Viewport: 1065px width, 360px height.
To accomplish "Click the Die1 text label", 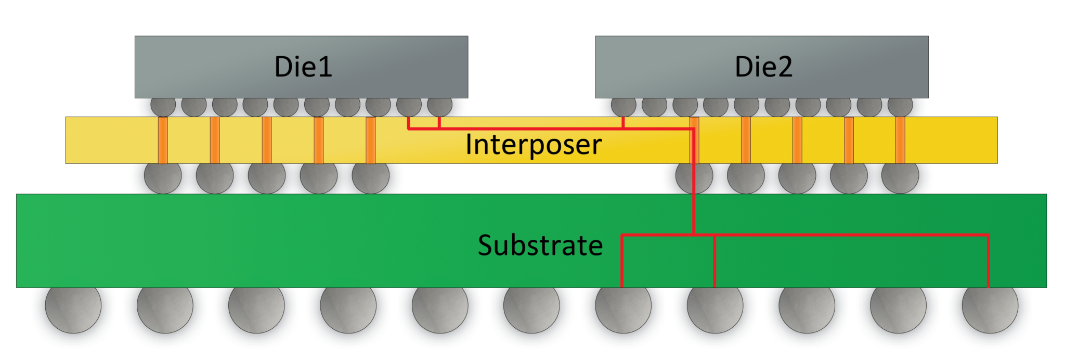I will [303, 67].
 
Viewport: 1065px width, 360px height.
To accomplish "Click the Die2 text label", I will [763, 67].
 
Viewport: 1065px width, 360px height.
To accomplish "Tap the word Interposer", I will [533, 145].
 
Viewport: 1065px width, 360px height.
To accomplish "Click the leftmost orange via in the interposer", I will [163, 140].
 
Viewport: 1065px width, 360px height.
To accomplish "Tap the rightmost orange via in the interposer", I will [900, 140].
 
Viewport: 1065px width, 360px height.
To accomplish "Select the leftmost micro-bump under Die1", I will [163, 106].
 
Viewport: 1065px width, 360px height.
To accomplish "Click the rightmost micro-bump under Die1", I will [440, 106].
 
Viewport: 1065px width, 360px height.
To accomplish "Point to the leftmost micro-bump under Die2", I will [624, 106].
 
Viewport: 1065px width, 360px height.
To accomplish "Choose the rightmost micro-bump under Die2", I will [900, 106].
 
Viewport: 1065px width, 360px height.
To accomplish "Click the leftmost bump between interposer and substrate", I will [163, 177].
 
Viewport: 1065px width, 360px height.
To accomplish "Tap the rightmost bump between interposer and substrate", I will [900, 177].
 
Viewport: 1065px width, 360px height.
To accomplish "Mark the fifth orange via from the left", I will [370, 140].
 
